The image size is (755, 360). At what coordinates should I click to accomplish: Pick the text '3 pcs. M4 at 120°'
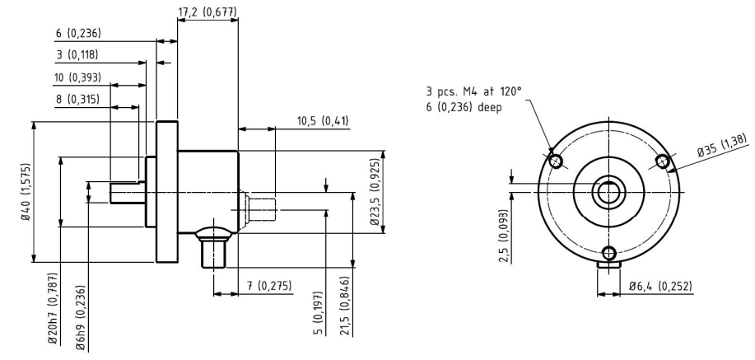[x=473, y=91]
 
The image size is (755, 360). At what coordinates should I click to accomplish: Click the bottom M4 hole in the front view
[x=609, y=253]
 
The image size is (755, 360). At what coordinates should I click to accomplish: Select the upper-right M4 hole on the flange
[x=663, y=161]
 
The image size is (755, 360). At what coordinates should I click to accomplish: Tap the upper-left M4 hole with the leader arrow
[x=556, y=161]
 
